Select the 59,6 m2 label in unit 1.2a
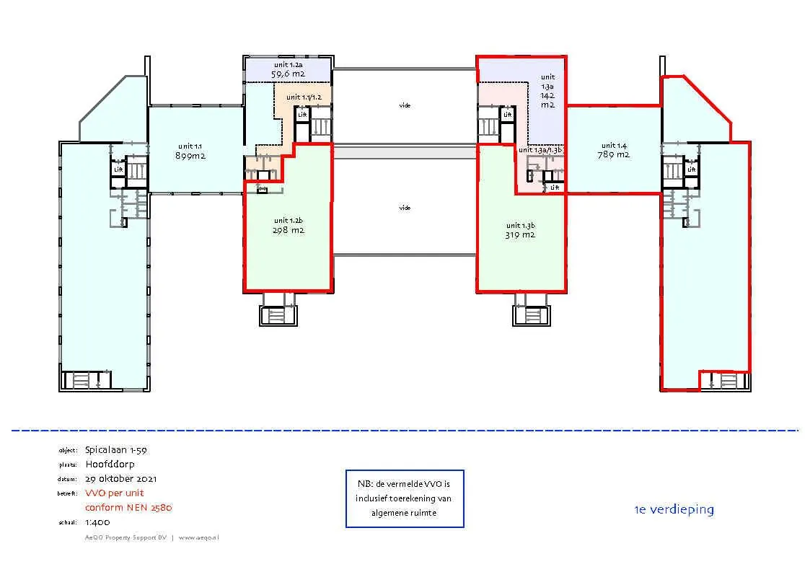point(288,74)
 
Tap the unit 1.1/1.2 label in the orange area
point(304,97)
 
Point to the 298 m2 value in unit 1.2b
point(289,231)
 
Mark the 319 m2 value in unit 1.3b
point(520,234)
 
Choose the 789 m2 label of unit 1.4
point(614,154)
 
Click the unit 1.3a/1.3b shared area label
point(540,150)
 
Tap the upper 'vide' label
point(405,105)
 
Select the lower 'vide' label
point(405,208)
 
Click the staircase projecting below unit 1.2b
point(277,315)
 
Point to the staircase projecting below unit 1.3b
point(531,315)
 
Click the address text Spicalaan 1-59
point(116,449)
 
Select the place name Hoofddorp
point(110,464)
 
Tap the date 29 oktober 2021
point(121,478)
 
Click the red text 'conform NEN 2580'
point(128,507)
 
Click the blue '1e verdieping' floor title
point(674,509)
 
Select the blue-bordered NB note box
point(405,498)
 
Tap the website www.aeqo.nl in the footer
point(198,537)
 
